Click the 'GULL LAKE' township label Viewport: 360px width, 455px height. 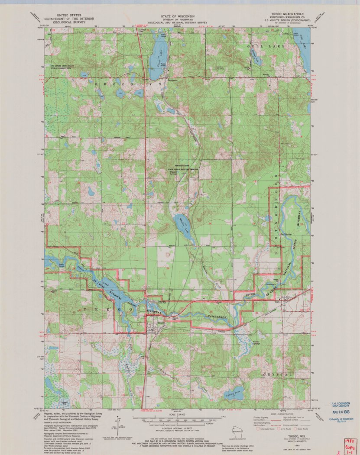coord(272,46)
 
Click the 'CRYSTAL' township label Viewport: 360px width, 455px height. coord(277,374)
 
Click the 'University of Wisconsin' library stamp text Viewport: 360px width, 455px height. coord(341,419)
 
